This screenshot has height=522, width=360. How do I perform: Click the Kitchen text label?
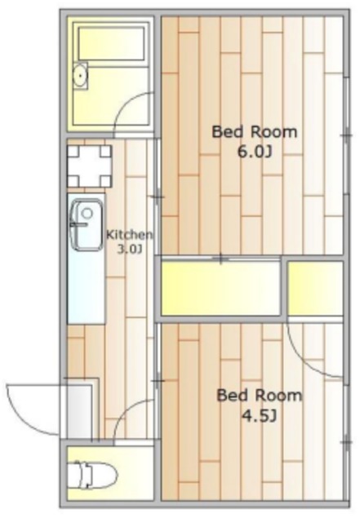tap(129, 235)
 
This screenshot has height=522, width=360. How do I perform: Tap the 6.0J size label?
tap(255, 153)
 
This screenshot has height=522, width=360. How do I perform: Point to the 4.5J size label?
tap(260, 416)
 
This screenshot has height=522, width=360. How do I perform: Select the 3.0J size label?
tap(130, 249)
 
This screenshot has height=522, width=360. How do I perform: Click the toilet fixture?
tap(96, 475)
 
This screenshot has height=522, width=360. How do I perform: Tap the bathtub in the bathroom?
tap(111, 43)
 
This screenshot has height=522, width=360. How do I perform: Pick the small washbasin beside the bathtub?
tap(80, 76)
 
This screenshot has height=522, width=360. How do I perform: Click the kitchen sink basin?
tap(87, 225)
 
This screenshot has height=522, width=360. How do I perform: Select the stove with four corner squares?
tap(89, 166)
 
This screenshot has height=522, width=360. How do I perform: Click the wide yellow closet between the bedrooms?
tap(220, 288)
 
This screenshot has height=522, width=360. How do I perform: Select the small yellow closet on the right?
tap(315, 288)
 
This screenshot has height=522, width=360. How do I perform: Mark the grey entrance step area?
tap(79, 411)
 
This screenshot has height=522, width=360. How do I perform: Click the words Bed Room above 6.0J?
tap(255, 132)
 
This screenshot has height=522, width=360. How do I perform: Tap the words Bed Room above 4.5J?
tap(259, 396)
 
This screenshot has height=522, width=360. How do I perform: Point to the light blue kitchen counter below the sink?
tap(87, 287)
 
